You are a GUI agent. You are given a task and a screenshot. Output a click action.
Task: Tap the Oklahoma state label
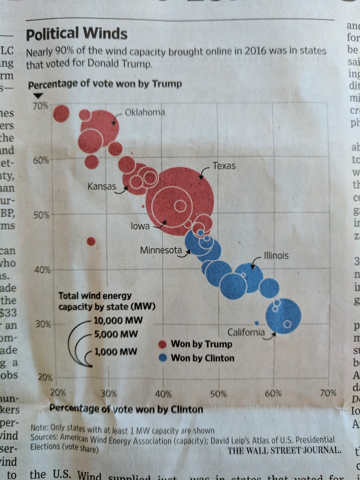(x=145, y=112)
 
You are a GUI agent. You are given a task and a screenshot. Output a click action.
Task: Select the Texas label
(x=224, y=166)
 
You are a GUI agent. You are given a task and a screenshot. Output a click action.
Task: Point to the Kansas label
(x=102, y=186)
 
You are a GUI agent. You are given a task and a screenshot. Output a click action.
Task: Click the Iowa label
(x=140, y=226)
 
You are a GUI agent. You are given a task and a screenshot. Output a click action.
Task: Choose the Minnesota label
(x=161, y=250)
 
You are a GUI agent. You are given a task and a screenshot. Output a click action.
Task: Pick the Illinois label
(x=276, y=256)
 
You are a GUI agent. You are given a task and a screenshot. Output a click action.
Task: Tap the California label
(x=246, y=332)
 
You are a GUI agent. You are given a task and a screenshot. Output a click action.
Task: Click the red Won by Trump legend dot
(x=163, y=344)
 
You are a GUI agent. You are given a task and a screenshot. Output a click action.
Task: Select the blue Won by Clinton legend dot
(x=163, y=358)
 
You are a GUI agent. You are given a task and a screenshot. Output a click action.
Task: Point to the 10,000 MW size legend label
(x=118, y=320)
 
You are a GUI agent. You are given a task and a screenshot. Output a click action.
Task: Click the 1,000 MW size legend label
(x=116, y=352)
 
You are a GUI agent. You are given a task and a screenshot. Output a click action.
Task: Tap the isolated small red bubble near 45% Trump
(x=91, y=241)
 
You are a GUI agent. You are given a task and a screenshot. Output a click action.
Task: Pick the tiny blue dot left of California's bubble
(x=256, y=323)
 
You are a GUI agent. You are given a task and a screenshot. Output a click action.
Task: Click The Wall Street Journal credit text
(x=284, y=450)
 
